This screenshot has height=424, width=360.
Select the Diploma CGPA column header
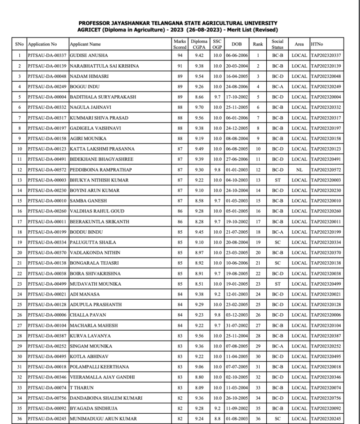coord(199,44)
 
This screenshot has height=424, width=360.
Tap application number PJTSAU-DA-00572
coord(47,170)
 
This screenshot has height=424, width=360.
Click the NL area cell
coord(299,170)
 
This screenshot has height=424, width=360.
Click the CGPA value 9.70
coord(199,107)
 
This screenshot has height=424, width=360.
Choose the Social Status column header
coord(277,44)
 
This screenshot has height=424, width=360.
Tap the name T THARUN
coord(79,387)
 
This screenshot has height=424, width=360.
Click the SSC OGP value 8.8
coord(217,418)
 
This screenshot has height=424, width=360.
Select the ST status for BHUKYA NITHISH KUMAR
coord(277,180)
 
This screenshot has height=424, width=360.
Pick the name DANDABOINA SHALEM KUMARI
coord(106,398)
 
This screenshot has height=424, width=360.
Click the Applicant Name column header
coord(85,45)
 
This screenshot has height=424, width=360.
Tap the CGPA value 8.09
coord(199,387)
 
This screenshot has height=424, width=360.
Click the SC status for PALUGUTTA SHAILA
coord(277,242)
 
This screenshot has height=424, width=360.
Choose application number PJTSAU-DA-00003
coord(47,180)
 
